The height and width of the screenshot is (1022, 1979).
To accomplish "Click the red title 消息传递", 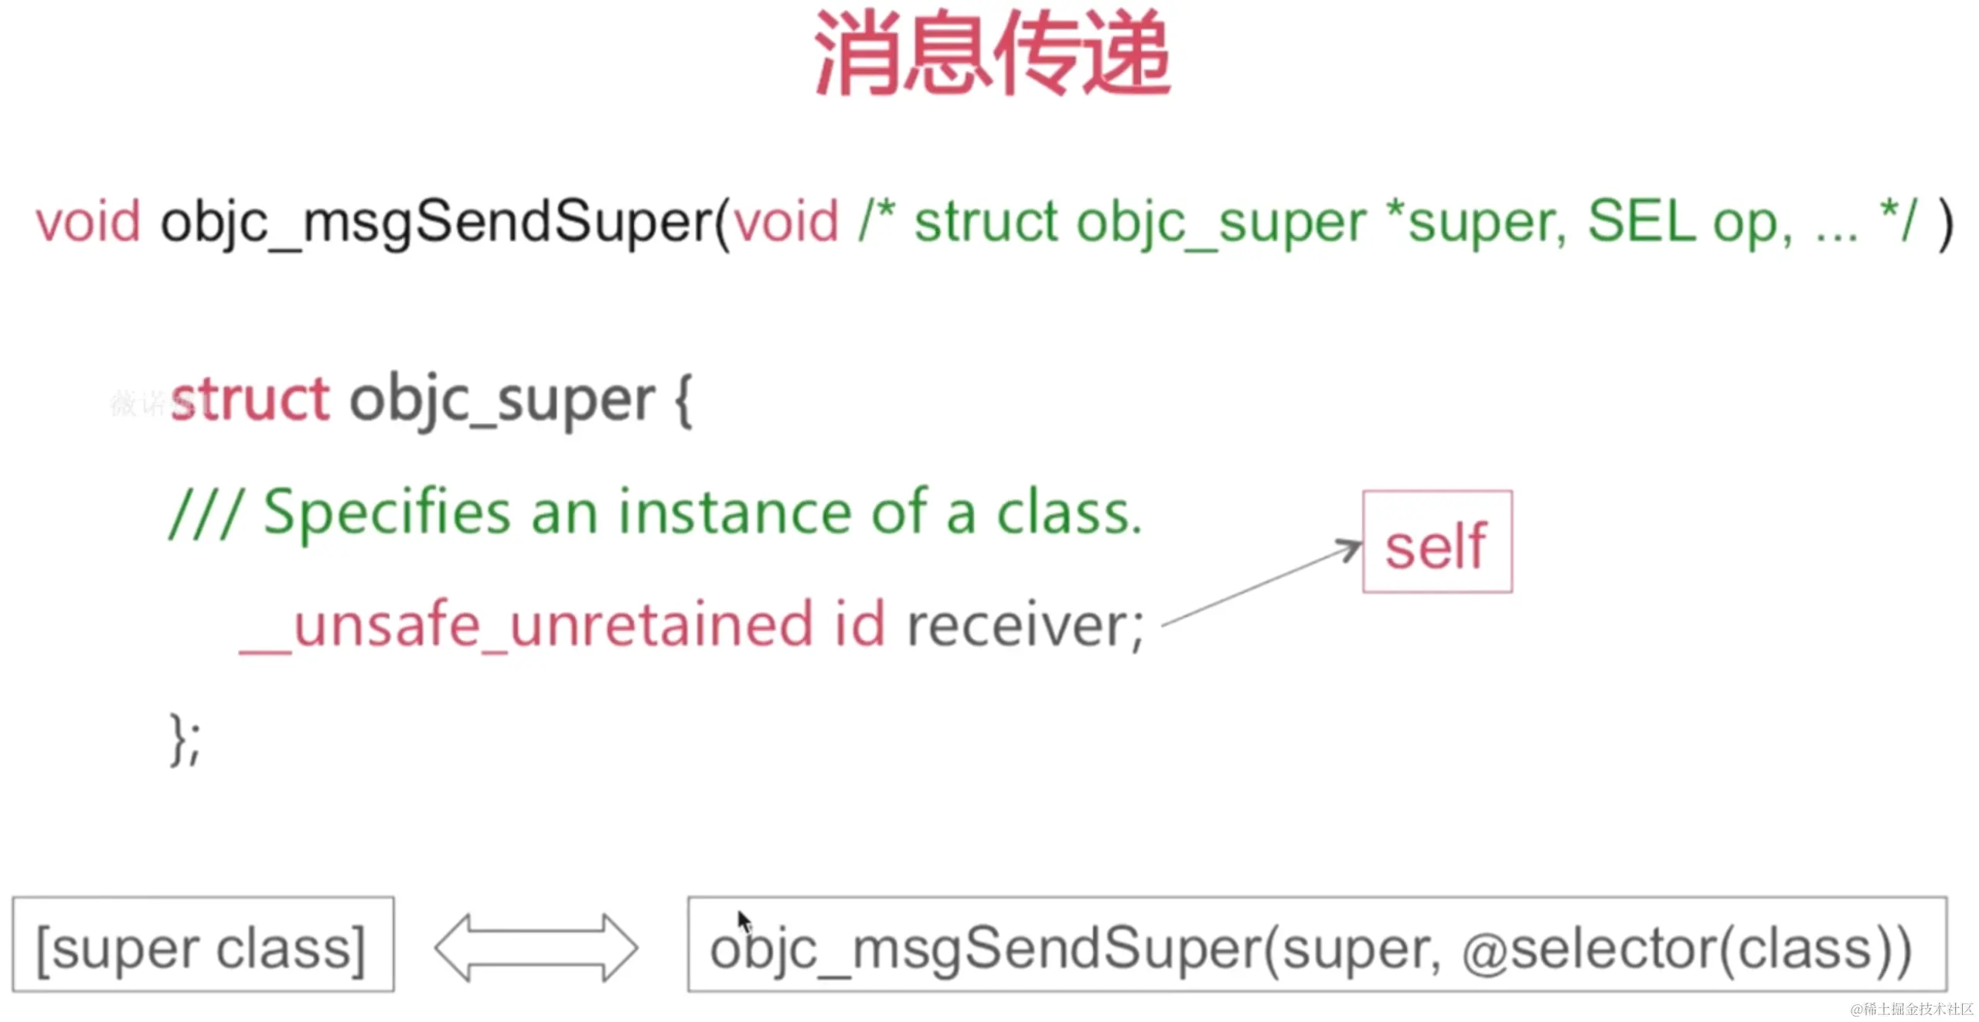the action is (993, 53).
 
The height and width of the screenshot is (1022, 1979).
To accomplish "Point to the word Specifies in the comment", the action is (387, 513).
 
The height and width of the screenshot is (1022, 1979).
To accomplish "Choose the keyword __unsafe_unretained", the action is (526, 625).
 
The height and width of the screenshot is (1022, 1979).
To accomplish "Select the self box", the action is (1437, 541).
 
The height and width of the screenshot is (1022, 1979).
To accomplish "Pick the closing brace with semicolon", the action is (185, 739).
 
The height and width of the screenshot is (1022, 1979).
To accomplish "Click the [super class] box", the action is (203, 944).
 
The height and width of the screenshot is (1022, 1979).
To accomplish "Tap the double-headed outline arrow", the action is (536, 948).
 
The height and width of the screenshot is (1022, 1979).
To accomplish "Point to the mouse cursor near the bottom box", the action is (744, 922).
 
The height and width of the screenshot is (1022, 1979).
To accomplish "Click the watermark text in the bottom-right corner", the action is (1912, 1009).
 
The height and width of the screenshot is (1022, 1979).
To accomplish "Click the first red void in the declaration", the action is (88, 221).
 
